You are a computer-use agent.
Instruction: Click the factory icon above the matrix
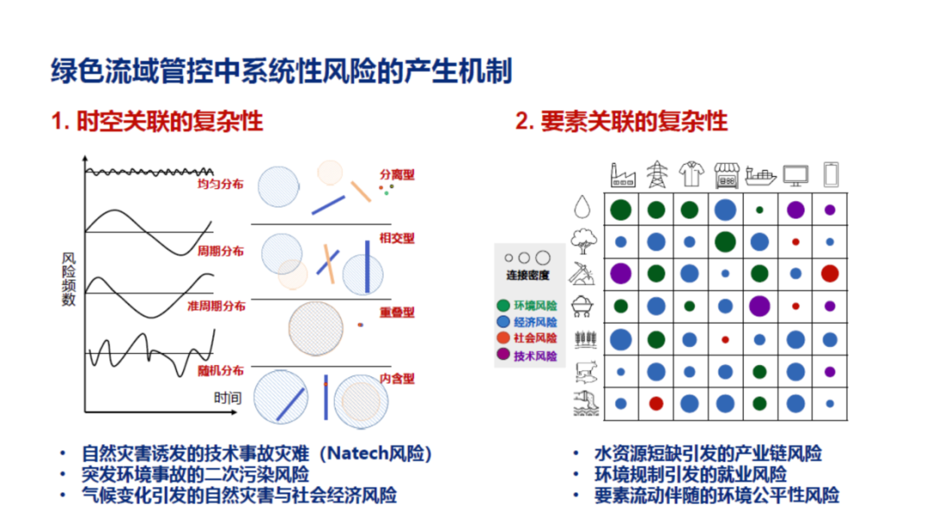622,175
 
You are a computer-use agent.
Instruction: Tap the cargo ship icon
760,175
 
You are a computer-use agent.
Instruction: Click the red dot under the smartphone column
830,274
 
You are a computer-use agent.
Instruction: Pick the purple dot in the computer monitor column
796,209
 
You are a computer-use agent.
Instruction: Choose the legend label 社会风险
535,338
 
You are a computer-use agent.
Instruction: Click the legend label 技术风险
535,356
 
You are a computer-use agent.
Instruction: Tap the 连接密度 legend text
528,276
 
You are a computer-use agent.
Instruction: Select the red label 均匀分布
221,184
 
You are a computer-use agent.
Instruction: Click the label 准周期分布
216,306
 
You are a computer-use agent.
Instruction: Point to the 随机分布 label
221,370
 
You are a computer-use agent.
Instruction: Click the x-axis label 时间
228,398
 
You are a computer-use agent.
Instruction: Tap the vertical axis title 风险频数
69,279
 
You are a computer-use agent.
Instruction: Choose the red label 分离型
397,174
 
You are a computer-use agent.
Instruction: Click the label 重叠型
397,312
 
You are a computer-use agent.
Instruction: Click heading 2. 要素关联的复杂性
621,121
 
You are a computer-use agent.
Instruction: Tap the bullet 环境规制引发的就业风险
690,475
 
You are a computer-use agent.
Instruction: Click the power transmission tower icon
657,175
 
